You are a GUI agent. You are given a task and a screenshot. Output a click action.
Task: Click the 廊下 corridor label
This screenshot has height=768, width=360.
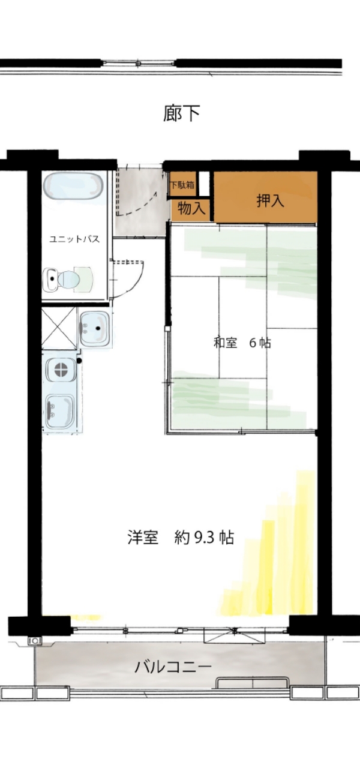[x=181, y=113]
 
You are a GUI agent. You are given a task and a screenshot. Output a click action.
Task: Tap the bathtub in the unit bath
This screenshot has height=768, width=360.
[x=73, y=187]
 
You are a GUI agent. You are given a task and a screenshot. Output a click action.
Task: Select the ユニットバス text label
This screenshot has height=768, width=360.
[x=74, y=239]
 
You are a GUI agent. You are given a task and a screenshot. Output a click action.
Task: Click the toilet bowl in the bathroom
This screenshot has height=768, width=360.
[x=68, y=279]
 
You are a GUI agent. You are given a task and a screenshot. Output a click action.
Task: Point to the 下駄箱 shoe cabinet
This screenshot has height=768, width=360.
[x=182, y=185]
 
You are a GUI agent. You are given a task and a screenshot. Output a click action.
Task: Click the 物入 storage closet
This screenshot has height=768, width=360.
[x=191, y=208]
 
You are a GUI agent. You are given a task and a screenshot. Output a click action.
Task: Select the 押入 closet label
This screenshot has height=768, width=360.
[x=270, y=200]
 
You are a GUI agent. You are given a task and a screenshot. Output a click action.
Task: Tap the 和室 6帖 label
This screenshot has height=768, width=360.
[x=242, y=343]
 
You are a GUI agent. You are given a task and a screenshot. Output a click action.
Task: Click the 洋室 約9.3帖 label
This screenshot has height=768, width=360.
[x=181, y=537]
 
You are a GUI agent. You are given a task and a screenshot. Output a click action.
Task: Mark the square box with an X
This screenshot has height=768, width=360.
[x=59, y=328]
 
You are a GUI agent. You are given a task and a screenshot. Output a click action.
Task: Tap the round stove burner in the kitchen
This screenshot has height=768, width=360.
[x=61, y=370]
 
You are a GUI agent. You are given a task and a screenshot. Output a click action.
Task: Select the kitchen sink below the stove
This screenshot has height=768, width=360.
[x=61, y=411]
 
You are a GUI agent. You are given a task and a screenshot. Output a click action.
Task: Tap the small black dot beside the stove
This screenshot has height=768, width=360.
[x=79, y=361]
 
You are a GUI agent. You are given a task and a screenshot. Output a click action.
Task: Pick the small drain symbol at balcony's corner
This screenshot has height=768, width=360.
[x=35, y=640]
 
